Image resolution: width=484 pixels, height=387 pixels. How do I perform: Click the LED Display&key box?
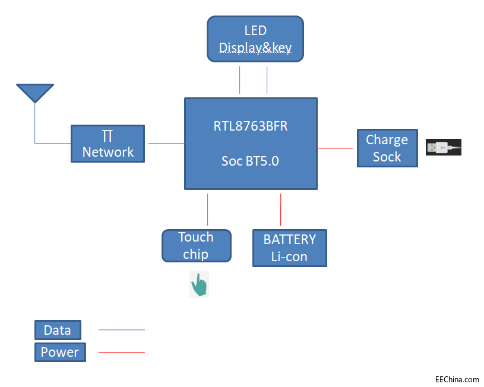pyautogui.click(x=255, y=39)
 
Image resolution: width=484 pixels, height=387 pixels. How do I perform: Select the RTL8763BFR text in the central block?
pyautogui.click(x=251, y=126)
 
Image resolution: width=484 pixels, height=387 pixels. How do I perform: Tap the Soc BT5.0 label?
pyautogui.click(x=251, y=160)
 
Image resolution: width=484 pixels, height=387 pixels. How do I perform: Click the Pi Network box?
pyautogui.click(x=107, y=143)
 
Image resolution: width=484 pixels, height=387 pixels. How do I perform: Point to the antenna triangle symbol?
pyautogui.click(x=35, y=93)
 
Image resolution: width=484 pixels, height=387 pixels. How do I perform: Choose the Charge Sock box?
pyautogui.click(x=387, y=148)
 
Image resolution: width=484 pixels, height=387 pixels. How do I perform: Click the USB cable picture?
pyautogui.click(x=444, y=147)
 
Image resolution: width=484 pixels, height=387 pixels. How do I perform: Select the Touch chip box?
pyautogui.click(x=196, y=246)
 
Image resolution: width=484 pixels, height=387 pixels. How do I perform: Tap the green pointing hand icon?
pyautogui.click(x=199, y=285)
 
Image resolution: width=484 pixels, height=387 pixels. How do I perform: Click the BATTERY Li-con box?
pyautogui.click(x=290, y=248)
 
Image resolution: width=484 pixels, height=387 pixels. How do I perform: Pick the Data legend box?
pyautogui.click(x=58, y=330)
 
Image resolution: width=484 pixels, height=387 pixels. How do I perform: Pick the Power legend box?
pyautogui.click(x=60, y=352)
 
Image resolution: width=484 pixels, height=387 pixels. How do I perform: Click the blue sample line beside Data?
pyautogui.click(x=121, y=329)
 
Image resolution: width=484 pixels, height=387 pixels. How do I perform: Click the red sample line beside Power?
pyautogui.click(x=121, y=353)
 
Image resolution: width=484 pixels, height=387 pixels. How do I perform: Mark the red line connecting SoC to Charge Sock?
pyautogui.click(x=337, y=148)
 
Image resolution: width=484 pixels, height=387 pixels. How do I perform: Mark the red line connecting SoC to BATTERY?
pyautogui.click(x=280, y=210)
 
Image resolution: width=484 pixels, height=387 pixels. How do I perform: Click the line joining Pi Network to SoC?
pyautogui.click(x=166, y=143)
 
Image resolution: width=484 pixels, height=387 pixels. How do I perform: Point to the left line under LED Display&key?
pyautogui.click(x=240, y=80)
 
